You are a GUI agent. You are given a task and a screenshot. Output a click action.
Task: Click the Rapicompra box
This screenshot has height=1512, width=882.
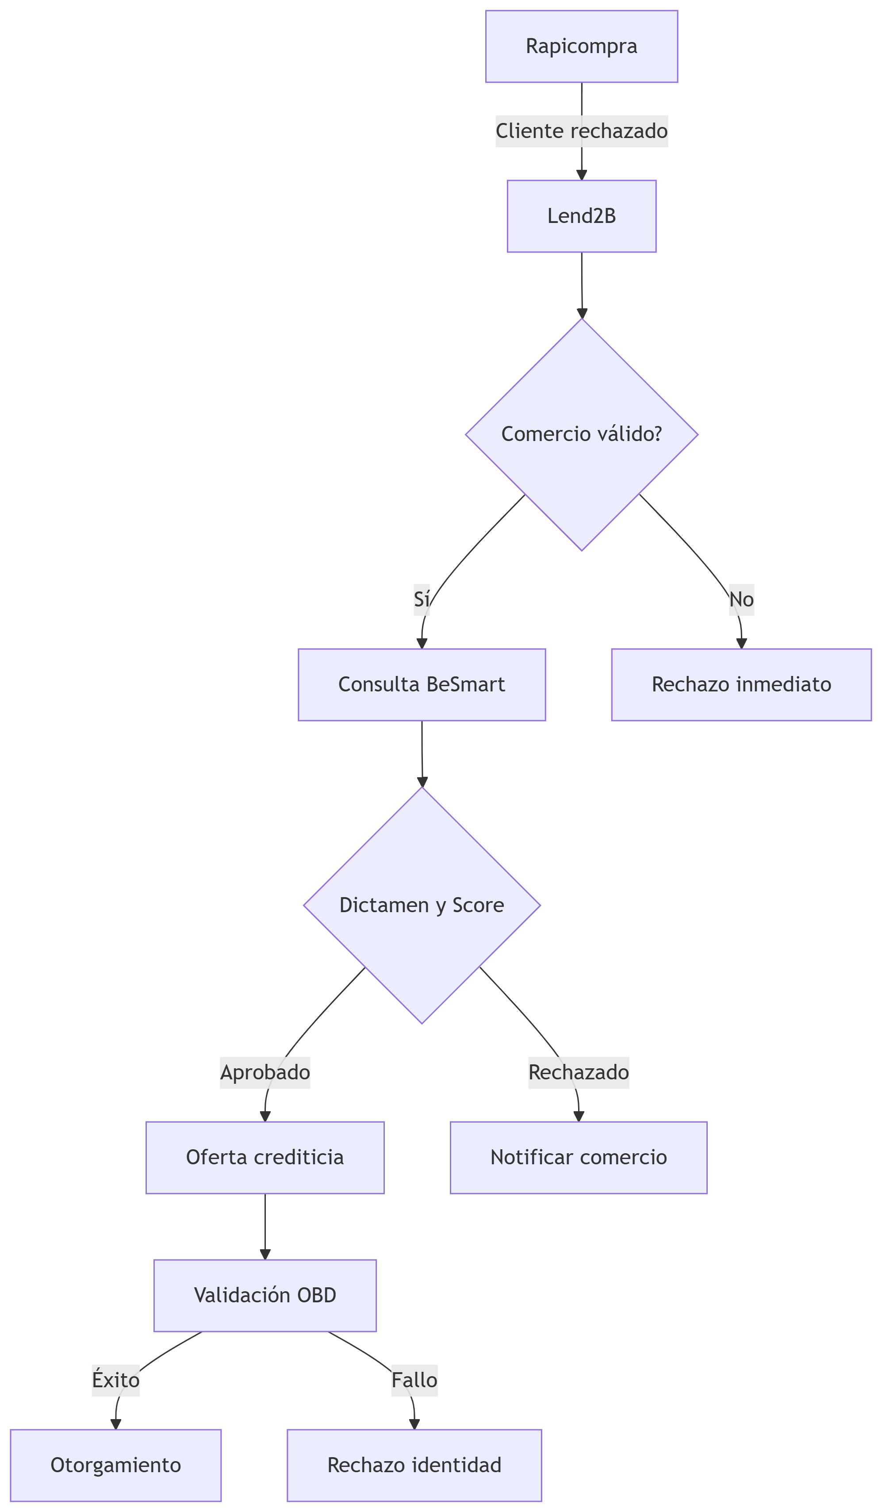tap(581, 46)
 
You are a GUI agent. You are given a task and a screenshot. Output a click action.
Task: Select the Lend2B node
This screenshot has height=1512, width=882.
tap(581, 216)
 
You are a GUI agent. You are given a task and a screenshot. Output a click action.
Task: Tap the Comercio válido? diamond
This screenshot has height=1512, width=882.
tap(581, 434)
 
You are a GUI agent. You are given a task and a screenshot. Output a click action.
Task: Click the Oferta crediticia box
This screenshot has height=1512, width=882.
tap(265, 1157)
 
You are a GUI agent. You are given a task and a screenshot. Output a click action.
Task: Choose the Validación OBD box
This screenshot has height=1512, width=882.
tap(265, 1295)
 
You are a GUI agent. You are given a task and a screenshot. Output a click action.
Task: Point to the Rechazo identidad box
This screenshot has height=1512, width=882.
tap(414, 1465)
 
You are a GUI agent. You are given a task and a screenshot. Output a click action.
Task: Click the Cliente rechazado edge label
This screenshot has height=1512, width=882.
tap(581, 131)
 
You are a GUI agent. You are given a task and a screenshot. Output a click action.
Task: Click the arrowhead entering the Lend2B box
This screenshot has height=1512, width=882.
tap(581, 175)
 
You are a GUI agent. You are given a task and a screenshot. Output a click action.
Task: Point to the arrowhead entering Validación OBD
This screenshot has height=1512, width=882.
tap(265, 1254)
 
